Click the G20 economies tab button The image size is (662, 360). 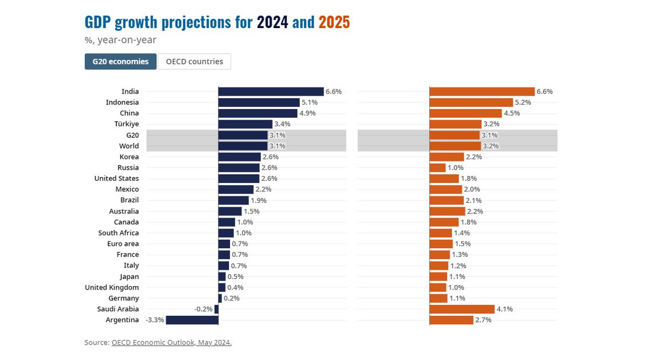(120, 61)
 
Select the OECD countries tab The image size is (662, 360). (194, 61)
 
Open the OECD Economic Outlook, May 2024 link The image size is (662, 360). (171, 342)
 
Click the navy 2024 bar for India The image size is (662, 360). (271, 92)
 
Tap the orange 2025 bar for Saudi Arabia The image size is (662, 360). (462, 309)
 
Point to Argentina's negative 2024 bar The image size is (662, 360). (192, 320)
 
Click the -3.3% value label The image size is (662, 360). (154, 320)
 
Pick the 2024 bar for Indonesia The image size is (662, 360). (259, 103)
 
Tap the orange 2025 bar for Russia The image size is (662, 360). (437, 168)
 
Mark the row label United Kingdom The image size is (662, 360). (112, 287)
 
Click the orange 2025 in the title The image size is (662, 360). (334, 23)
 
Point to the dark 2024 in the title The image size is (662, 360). (272, 23)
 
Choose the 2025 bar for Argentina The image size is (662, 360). (451, 320)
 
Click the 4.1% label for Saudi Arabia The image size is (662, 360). (505, 309)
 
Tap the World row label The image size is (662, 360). (129, 146)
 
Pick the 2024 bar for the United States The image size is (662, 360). (239, 179)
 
